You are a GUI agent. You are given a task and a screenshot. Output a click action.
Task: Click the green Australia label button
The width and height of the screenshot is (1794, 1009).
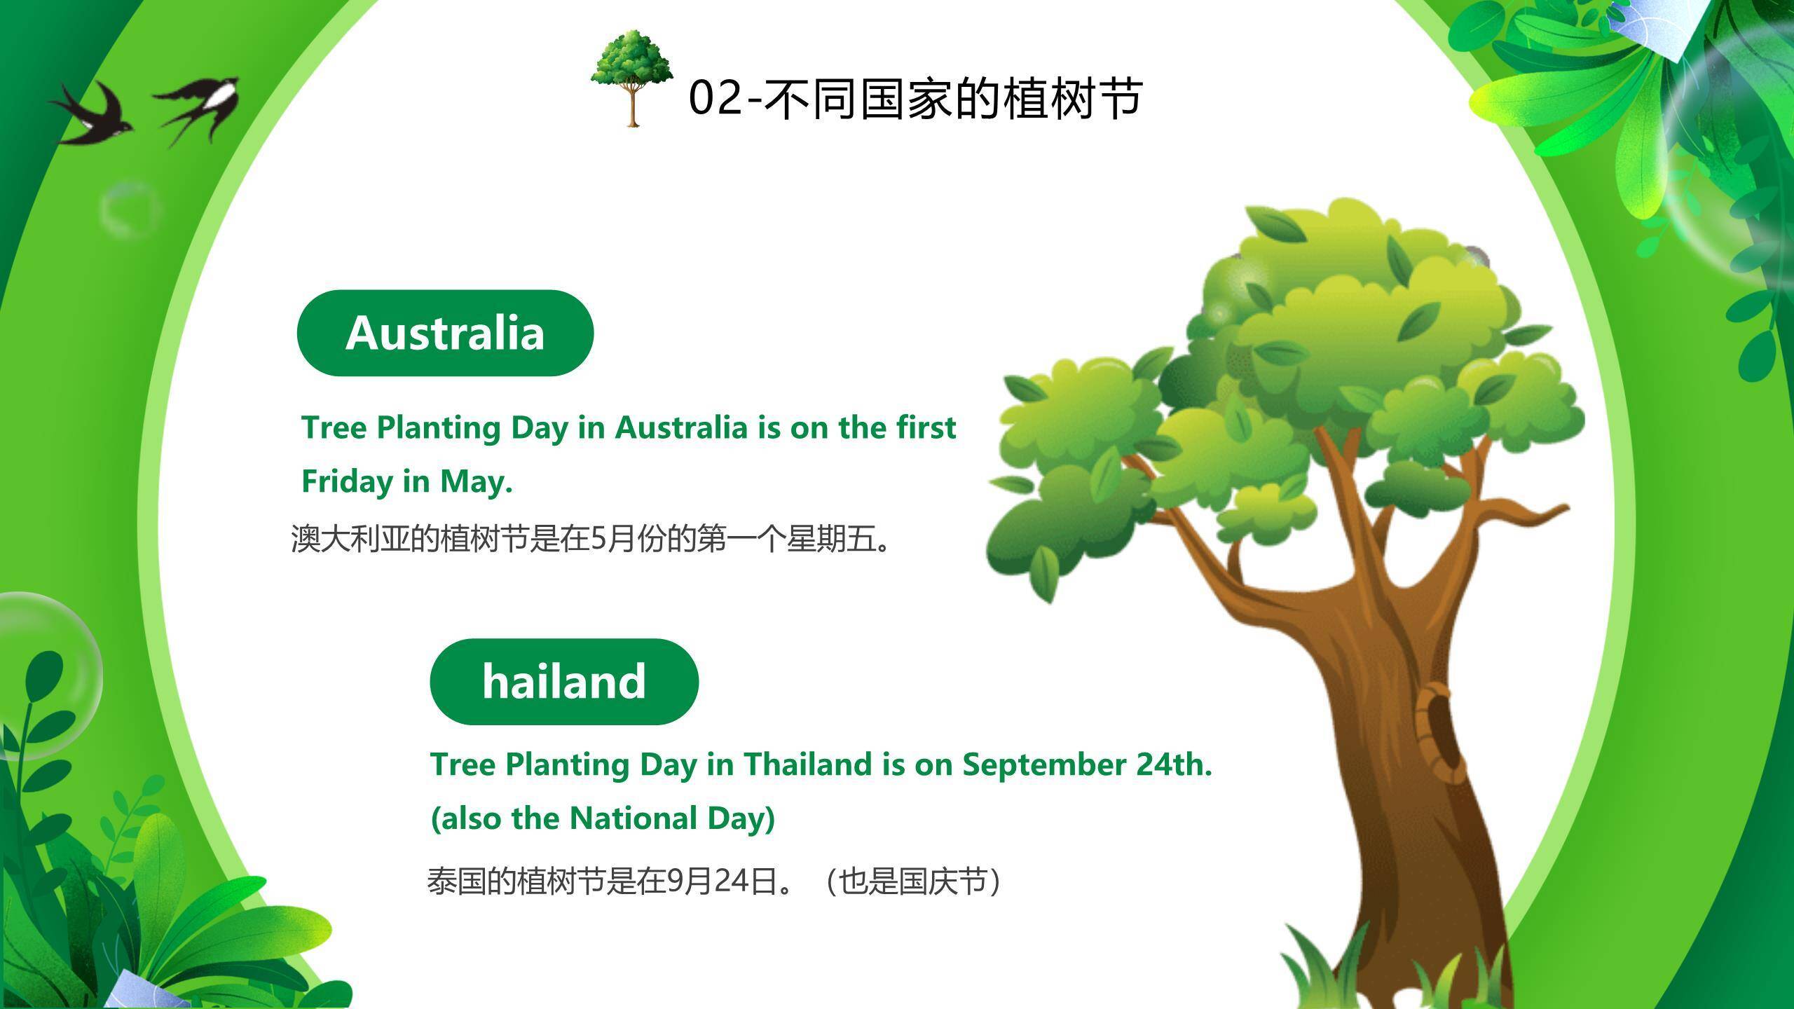(x=445, y=333)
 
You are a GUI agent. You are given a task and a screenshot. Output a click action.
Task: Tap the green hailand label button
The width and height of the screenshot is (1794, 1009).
(x=564, y=681)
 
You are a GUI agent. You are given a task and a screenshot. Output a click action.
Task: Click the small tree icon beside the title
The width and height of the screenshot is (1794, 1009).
(x=632, y=78)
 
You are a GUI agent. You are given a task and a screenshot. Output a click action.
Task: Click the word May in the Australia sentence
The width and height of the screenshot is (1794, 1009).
(x=476, y=482)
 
